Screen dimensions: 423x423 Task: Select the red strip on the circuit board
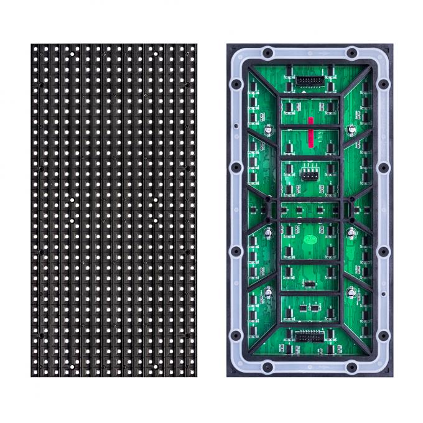coord(309,131)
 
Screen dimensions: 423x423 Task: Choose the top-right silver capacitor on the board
coord(353,129)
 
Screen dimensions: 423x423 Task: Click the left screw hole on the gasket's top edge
coord(268,52)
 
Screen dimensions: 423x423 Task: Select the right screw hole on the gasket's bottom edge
coord(351,366)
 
